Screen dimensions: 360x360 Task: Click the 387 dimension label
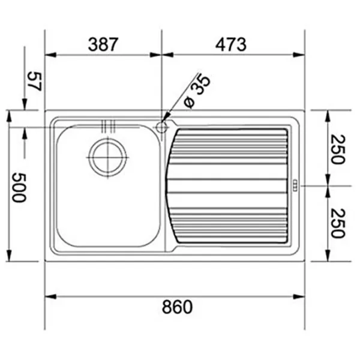103,44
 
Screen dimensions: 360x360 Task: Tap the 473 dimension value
231,44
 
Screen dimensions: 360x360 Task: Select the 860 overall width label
177,307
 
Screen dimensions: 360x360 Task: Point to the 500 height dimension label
19,188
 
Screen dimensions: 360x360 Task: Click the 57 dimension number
34,81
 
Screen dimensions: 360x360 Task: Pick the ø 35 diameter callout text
197,91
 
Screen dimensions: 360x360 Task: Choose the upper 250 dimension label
337,149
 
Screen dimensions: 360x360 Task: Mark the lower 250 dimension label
337,223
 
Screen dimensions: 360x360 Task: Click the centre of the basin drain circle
107,157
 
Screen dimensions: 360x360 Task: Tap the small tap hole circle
161,127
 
